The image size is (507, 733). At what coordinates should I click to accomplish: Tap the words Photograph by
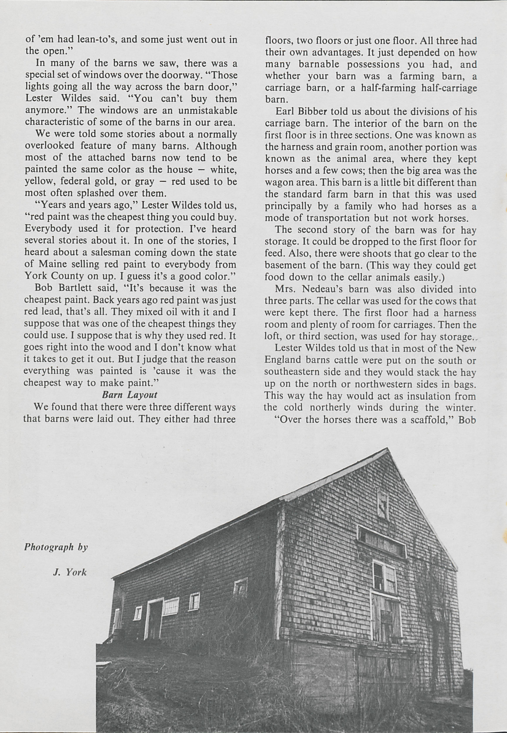coord(56,547)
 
